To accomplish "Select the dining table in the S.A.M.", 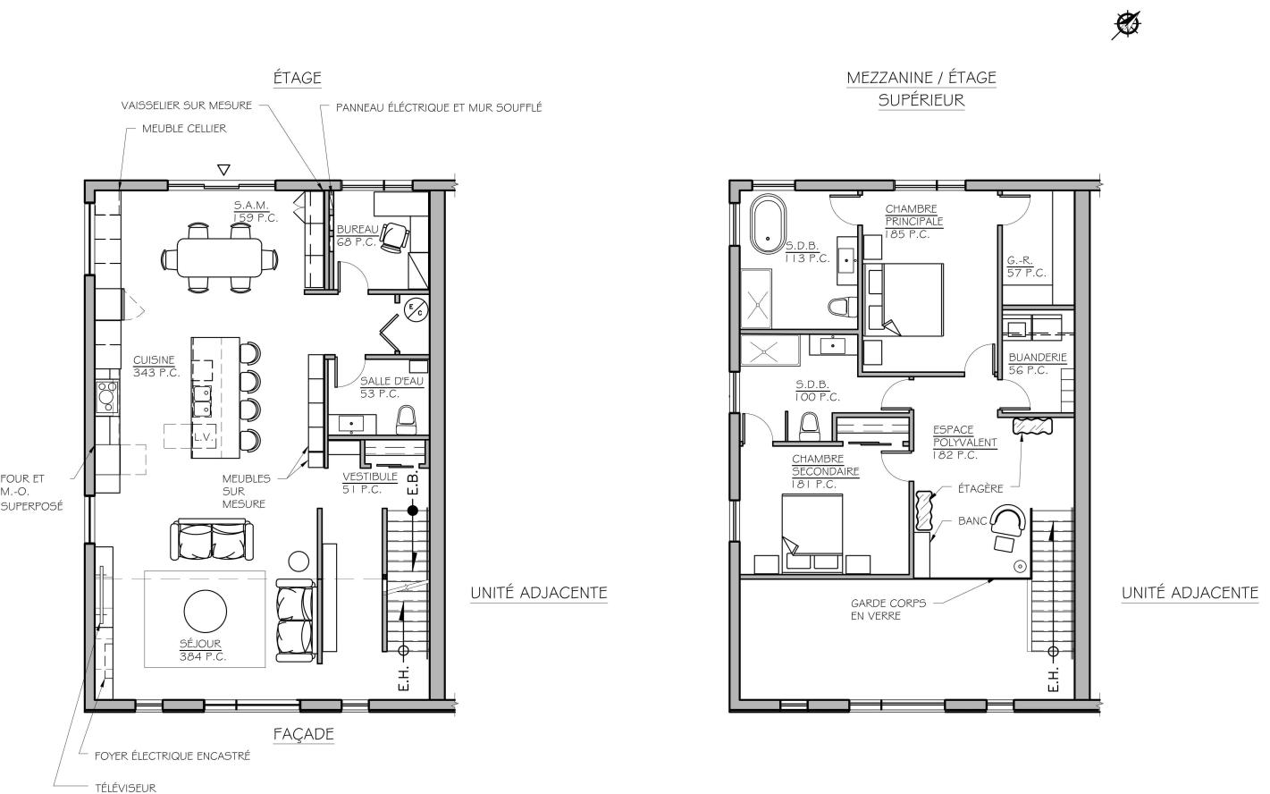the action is pos(220,258).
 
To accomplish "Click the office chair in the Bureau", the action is pos(395,237).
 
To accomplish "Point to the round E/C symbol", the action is pos(416,310).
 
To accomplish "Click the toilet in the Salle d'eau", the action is pos(406,419).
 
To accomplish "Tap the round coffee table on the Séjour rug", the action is pos(206,612).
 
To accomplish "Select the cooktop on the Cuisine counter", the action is pos(107,396).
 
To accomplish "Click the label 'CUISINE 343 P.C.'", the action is pos(156,367).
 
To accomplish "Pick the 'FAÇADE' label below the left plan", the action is pos(303,734).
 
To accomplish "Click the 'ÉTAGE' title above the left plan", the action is pos(298,78).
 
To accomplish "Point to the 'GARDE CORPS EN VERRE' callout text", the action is pos(888,610).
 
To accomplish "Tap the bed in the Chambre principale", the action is pos(904,300).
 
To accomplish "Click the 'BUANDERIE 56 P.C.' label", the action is pos(1038,364).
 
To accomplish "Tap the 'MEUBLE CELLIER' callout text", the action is pos(184,129).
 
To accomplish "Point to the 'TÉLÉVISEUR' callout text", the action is pos(125,788).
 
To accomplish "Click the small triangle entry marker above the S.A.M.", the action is pos(224,170).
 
